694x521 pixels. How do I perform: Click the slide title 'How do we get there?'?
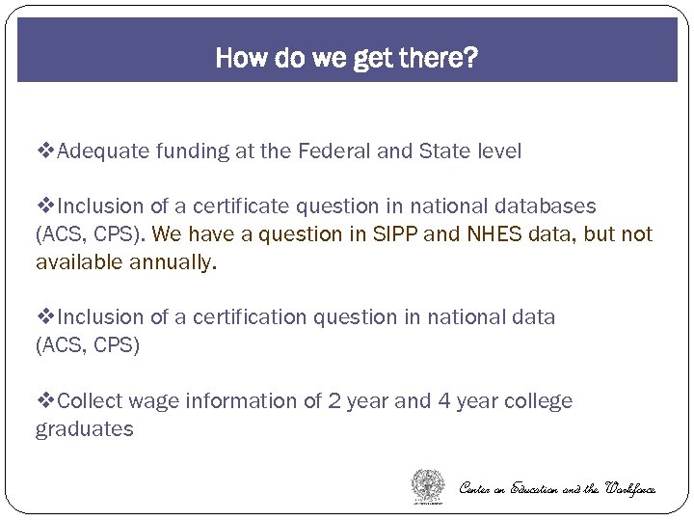[346, 58]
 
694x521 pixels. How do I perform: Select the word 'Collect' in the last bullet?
[92, 401]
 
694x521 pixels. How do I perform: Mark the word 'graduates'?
[84, 429]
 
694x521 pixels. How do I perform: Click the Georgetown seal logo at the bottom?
[428, 485]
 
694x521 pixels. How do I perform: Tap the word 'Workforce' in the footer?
[630, 489]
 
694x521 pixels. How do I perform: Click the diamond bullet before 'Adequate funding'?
[45, 151]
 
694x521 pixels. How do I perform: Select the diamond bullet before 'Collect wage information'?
[45, 401]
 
